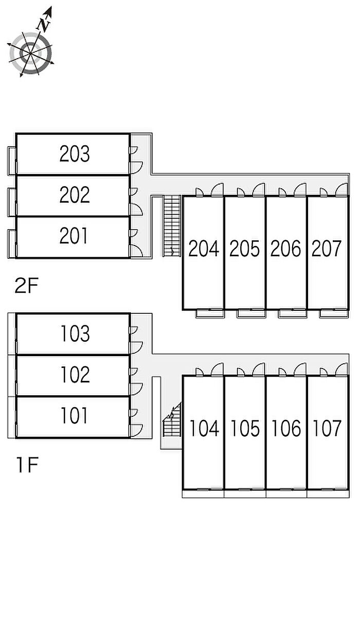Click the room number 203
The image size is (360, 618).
[75, 154]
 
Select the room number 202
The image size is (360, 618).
[75, 195]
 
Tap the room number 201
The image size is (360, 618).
[75, 236]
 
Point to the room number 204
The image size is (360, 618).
[204, 249]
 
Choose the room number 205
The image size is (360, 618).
[245, 249]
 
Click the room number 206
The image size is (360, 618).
[286, 249]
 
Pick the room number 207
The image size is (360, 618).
[327, 249]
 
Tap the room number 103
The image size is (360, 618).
[75, 334]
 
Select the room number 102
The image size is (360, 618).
[75, 375]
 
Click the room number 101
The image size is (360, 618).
[75, 416]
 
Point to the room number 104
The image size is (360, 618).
[204, 428]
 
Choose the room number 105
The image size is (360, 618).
[245, 428]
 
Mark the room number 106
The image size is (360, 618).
[286, 428]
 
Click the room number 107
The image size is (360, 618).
[327, 428]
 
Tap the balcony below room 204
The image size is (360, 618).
[209, 313]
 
